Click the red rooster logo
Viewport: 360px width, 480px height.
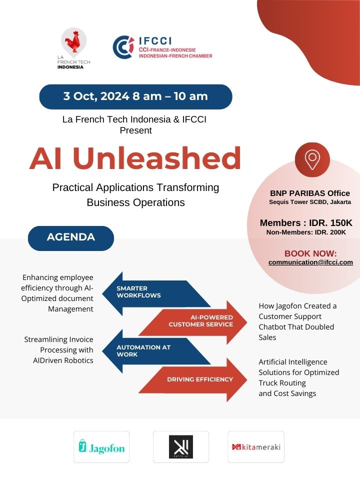[x=74, y=42]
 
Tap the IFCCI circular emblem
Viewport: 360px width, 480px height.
[x=123, y=47]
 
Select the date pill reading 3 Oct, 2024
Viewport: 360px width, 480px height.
[x=135, y=96]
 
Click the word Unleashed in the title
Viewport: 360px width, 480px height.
[x=156, y=158]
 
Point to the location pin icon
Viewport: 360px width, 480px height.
[x=312, y=159]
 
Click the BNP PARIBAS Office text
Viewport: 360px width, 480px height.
[x=310, y=193]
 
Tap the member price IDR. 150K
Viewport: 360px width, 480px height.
[x=330, y=222]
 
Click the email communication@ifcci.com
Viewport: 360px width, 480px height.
[x=310, y=262]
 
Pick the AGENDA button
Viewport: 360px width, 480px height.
[x=70, y=237]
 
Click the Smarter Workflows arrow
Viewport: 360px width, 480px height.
[x=156, y=293]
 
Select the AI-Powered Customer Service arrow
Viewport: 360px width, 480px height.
[x=193, y=322]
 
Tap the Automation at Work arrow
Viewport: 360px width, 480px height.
[x=156, y=351]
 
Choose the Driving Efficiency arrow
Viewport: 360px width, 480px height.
[x=193, y=379]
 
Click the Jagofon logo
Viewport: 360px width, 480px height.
[x=101, y=446]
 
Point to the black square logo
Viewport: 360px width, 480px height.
[x=181, y=446]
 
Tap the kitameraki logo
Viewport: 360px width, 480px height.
[x=256, y=446]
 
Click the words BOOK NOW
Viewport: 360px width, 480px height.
[x=310, y=253]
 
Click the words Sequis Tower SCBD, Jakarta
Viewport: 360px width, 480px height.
[x=310, y=202]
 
